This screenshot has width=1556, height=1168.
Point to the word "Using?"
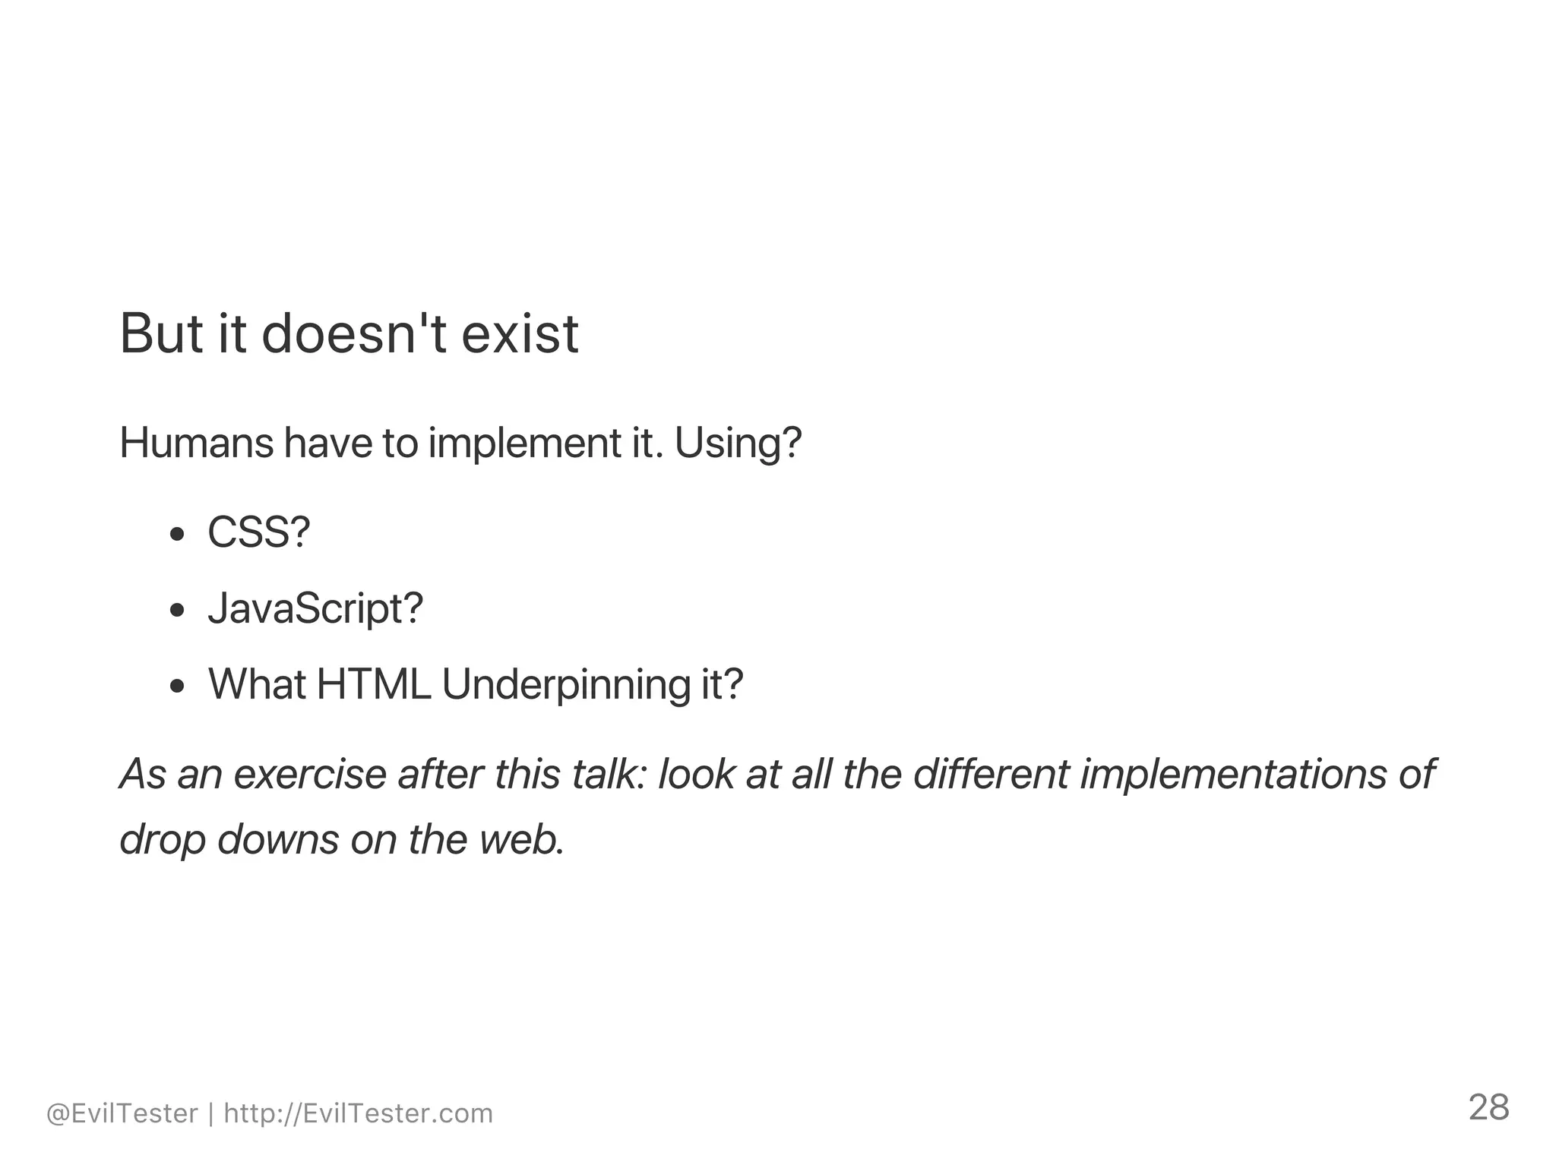pyautogui.click(x=738, y=444)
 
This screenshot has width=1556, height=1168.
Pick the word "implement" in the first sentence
pyautogui.click(x=525, y=444)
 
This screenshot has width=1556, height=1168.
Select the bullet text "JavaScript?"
pyautogui.click(x=315, y=609)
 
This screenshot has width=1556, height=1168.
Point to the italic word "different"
pyautogui.click(x=991, y=774)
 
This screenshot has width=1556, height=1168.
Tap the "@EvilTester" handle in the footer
pyautogui.click(x=122, y=1113)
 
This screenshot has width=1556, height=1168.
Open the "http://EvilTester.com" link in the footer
pyautogui.click(x=359, y=1113)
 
